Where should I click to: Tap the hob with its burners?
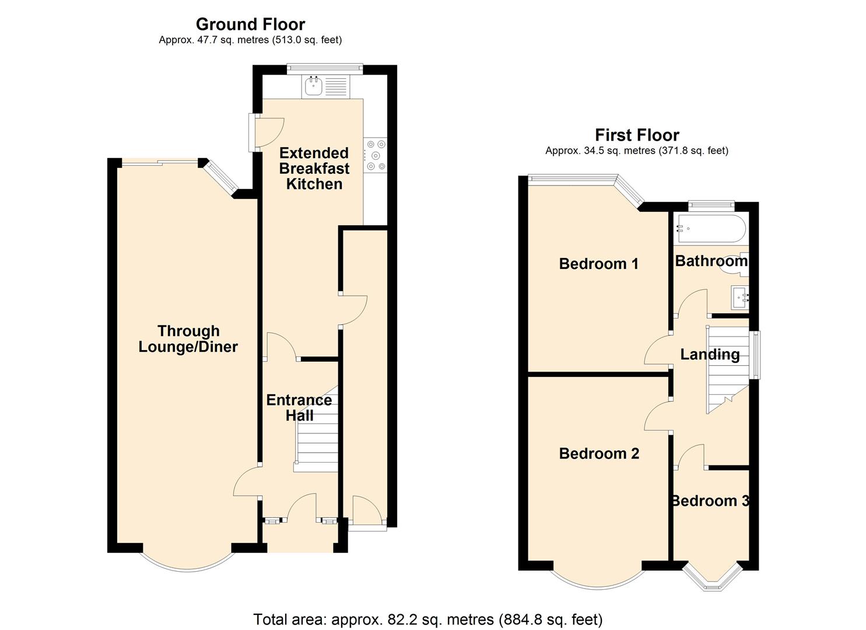(375, 155)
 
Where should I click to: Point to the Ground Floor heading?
(250, 24)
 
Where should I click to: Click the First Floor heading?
(637, 135)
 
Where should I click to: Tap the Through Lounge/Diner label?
(188, 339)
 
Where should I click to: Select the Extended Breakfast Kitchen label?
(314, 169)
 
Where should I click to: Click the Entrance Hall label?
(299, 407)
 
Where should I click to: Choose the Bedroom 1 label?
(598, 264)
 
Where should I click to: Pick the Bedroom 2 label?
(599, 453)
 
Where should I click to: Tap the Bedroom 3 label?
(710, 501)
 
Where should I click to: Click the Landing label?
(710, 354)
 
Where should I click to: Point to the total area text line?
(427, 619)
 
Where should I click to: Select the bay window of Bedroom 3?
(712, 577)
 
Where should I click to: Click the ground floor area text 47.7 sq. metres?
(250, 40)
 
